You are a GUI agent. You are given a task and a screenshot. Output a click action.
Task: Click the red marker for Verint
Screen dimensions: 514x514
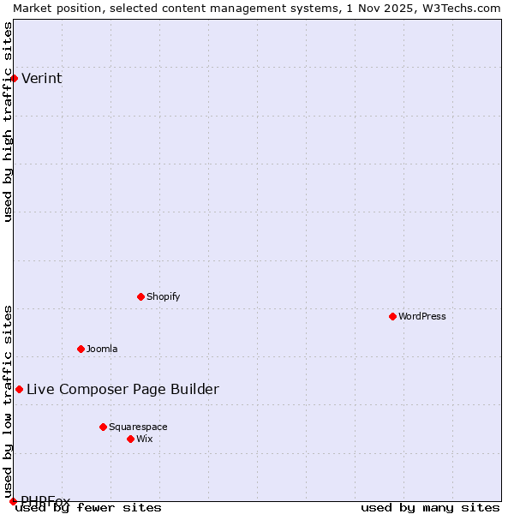click(x=14, y=79)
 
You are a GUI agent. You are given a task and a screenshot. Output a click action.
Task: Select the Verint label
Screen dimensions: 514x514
click(x=41, y=79)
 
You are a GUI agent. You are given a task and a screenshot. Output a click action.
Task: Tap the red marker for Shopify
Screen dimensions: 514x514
click(x=140, y=297)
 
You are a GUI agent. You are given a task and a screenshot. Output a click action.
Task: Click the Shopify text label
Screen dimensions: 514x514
click(x=163, y=297)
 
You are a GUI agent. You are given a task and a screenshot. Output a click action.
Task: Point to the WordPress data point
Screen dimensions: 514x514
click(x=392, y=317)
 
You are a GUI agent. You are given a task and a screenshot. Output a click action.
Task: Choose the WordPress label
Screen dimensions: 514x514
click(x=421, y=317)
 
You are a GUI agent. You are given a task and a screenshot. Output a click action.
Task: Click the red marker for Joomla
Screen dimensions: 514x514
click(x=81, y=350)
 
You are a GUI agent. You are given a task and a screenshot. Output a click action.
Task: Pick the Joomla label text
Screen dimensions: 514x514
click(x=102, y=350)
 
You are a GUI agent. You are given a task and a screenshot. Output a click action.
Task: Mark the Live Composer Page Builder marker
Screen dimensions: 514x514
click(x=19, y=390)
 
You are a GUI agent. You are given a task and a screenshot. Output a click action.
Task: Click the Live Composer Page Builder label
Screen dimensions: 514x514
click(x=123, y=390)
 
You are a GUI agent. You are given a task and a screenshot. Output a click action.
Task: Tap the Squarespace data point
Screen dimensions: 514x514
click(x=103, y=427)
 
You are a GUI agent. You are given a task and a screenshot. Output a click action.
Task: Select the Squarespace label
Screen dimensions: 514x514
click(x=138, y=427)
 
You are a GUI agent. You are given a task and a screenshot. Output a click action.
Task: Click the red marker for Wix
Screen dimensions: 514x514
click(x=130, y=439)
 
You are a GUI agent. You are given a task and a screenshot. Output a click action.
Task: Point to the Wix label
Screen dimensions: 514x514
click(x=144, y=439)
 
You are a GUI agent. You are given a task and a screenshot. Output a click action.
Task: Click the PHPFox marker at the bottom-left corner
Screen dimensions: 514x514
click(x=13, y=501)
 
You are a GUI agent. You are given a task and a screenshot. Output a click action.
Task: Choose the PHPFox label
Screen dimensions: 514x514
click(x=45, y=501)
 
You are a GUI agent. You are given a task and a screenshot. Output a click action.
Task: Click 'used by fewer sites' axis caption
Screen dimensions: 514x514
click(x=88, y=508)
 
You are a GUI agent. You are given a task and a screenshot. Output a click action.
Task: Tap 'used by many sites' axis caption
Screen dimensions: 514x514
click(x=430, y=508)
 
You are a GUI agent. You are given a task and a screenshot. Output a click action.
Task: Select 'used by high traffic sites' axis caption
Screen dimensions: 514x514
click(x=9, y=122)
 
